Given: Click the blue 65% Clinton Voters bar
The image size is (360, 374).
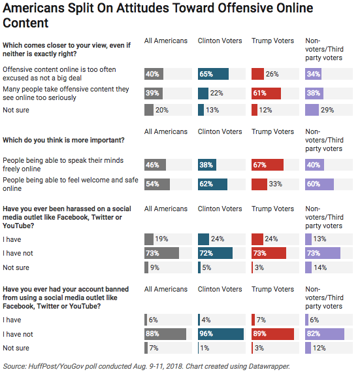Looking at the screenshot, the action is [x=213, y=74].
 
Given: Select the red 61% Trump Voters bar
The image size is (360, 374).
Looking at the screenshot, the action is [x=266, y=93].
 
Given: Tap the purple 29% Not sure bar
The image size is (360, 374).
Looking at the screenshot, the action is [x=312, y=110].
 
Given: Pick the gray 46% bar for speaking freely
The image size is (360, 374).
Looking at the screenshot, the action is [x=155, y=165].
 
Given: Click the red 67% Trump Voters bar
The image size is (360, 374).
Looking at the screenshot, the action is [x=267, y=165].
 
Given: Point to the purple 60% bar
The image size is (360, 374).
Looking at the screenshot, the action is [x=319, y=184].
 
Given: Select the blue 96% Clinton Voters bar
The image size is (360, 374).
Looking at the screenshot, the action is [x=221, y=334].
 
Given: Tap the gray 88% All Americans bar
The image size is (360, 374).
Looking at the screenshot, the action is [x=165, y=334].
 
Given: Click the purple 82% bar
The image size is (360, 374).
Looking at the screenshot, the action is [x=325, y=334].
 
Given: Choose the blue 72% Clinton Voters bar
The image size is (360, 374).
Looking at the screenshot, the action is [x=215, y=253].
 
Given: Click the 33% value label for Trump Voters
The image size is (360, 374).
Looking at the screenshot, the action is [x=275, y=184].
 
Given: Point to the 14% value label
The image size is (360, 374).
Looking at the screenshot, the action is [x=320, y=267].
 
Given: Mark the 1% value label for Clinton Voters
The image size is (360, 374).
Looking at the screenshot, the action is [x=205, y=348].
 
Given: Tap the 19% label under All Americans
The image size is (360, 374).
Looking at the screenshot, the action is [x=161, y=239].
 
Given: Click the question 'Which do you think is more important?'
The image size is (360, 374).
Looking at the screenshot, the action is [x=63, y=140].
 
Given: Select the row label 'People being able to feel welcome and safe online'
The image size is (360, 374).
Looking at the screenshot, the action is [x=71, y=184].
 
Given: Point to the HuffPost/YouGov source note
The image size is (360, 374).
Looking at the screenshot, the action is [x=146, y=366].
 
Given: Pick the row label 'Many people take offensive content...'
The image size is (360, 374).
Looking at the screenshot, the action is [x=66, y=93].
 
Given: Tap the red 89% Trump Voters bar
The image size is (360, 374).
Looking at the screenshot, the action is [x=272, y=334].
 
